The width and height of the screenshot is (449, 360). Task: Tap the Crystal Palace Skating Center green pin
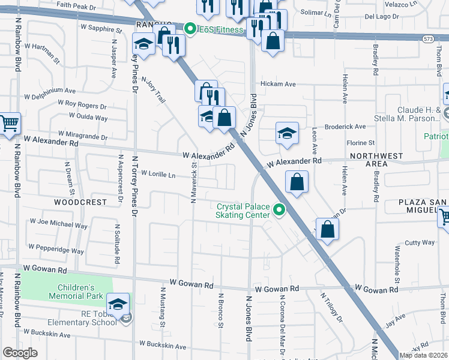279,209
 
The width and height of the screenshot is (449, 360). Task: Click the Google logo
20,352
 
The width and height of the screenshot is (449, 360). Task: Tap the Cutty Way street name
420,242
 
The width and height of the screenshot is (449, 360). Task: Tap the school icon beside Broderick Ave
288,133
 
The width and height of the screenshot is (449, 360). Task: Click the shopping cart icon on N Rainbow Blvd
9,124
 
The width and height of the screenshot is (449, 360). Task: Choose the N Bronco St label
221,310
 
